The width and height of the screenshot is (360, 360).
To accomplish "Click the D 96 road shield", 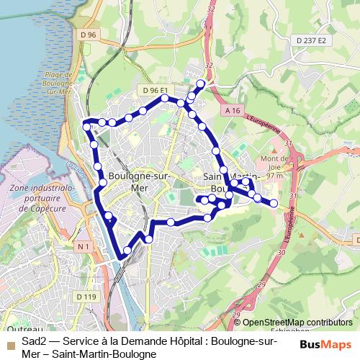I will point(89,34).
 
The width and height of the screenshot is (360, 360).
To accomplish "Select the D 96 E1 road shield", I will point(155,90).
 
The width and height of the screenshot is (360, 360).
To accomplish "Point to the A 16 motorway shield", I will point(231,110).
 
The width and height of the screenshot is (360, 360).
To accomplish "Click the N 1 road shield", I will point(84,246).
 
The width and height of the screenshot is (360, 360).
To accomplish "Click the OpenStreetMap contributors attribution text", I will point(297,322).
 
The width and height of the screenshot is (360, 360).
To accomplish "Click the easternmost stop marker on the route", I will point(274,203).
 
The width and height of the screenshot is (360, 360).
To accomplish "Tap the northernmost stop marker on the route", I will point(200,84).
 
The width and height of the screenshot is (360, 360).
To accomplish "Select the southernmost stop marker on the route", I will point(127,251).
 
